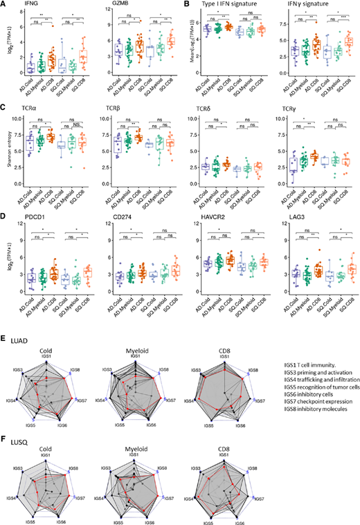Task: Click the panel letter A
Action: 5,4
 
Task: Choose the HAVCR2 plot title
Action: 219,222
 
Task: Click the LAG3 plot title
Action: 300,222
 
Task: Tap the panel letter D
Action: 5,221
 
